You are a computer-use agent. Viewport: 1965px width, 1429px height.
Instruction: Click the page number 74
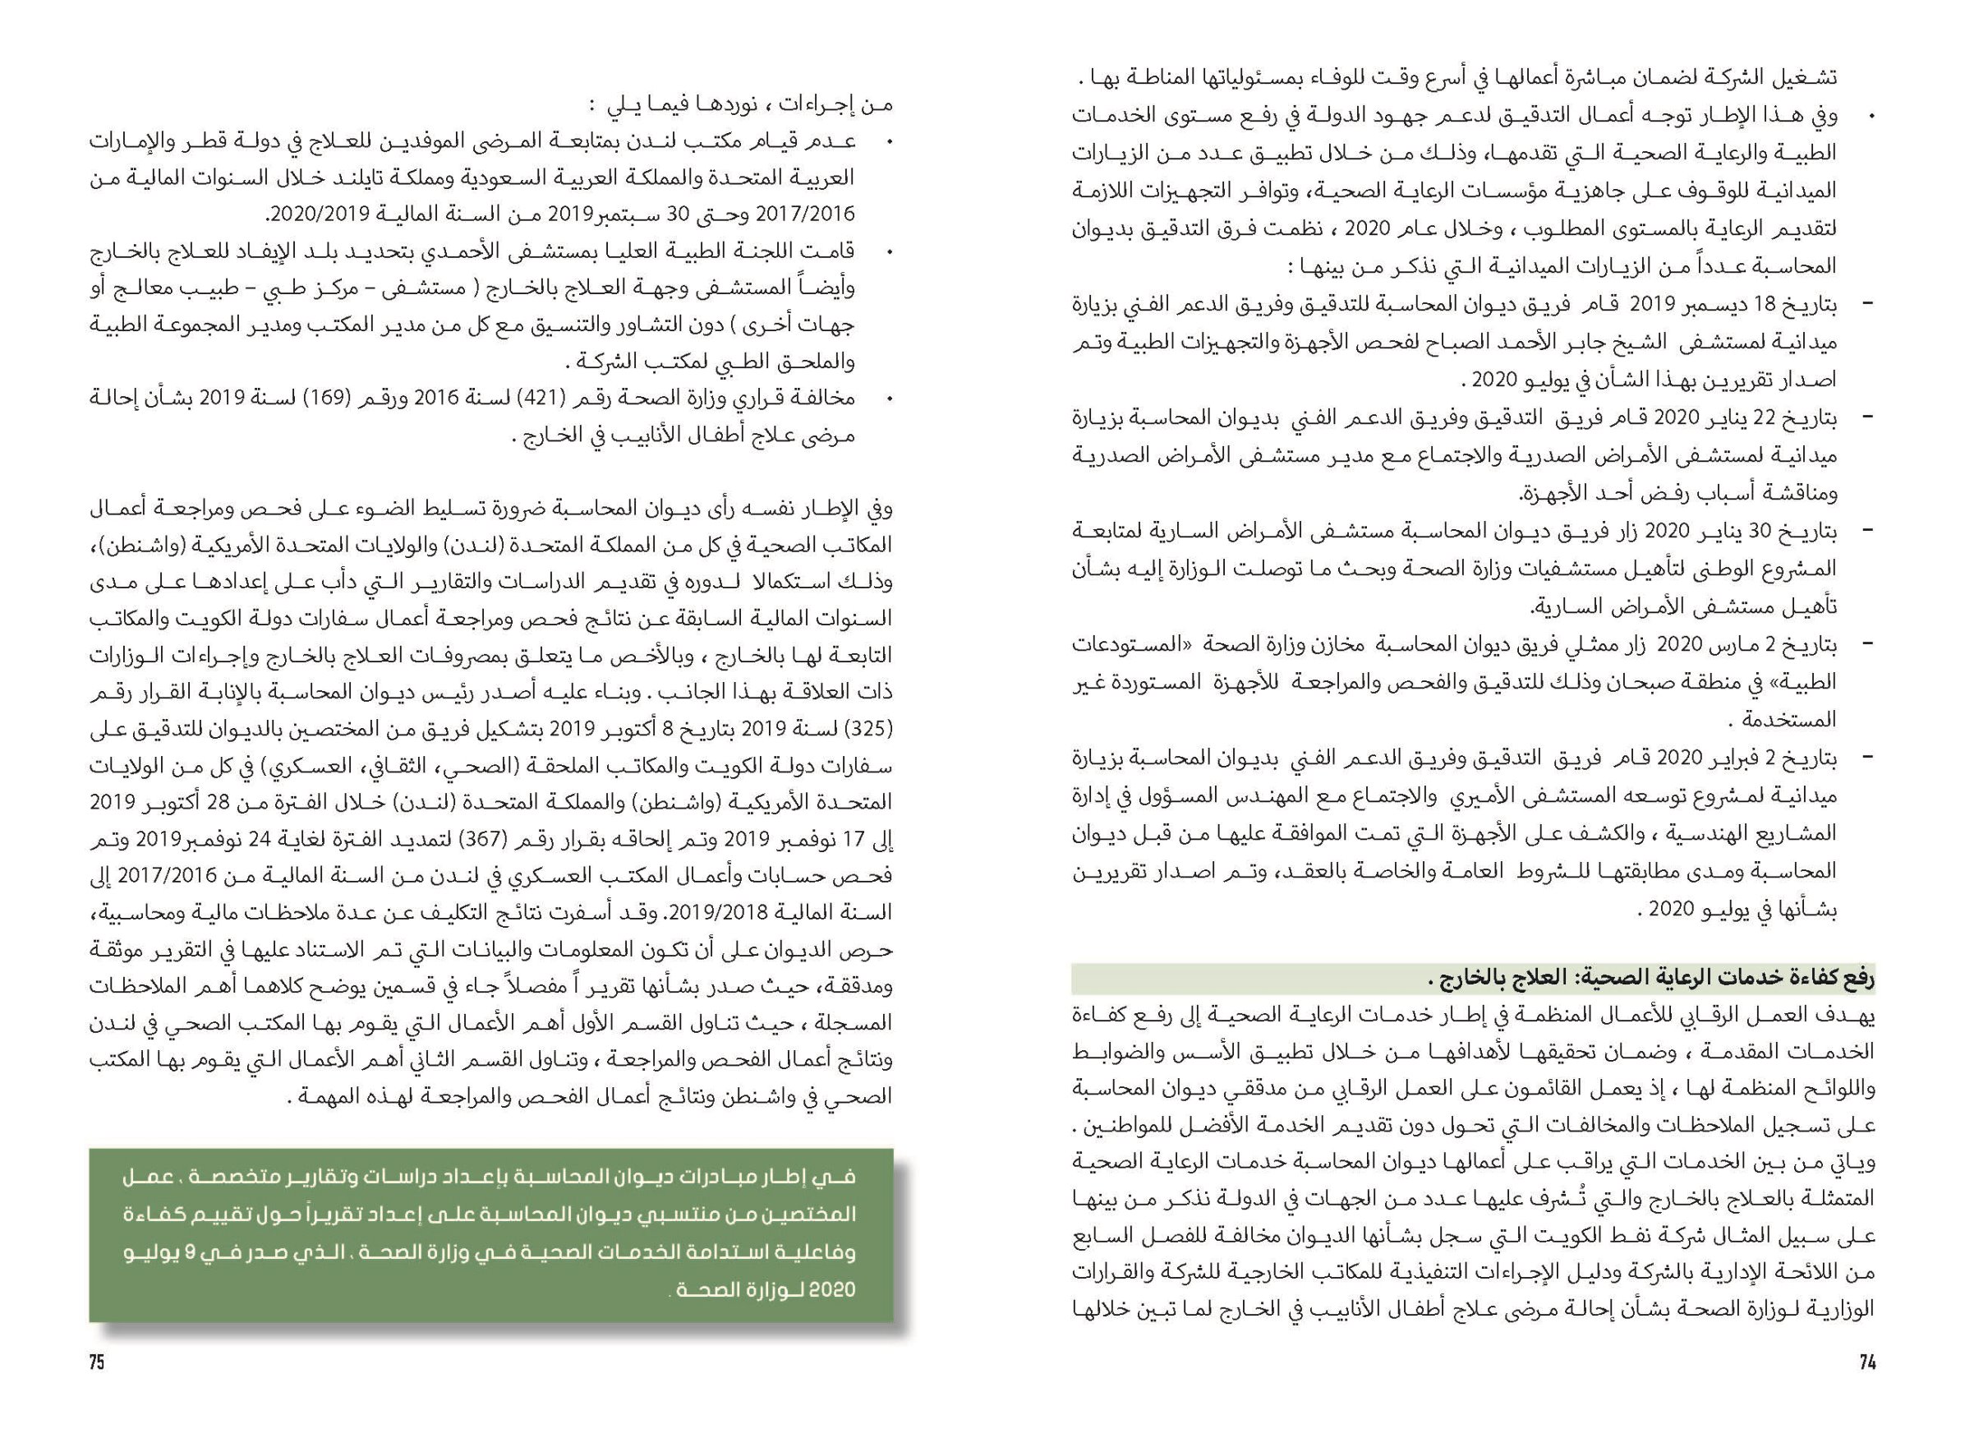pos(1867,1362)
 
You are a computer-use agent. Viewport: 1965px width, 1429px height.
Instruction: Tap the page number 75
pos(97,1362)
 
